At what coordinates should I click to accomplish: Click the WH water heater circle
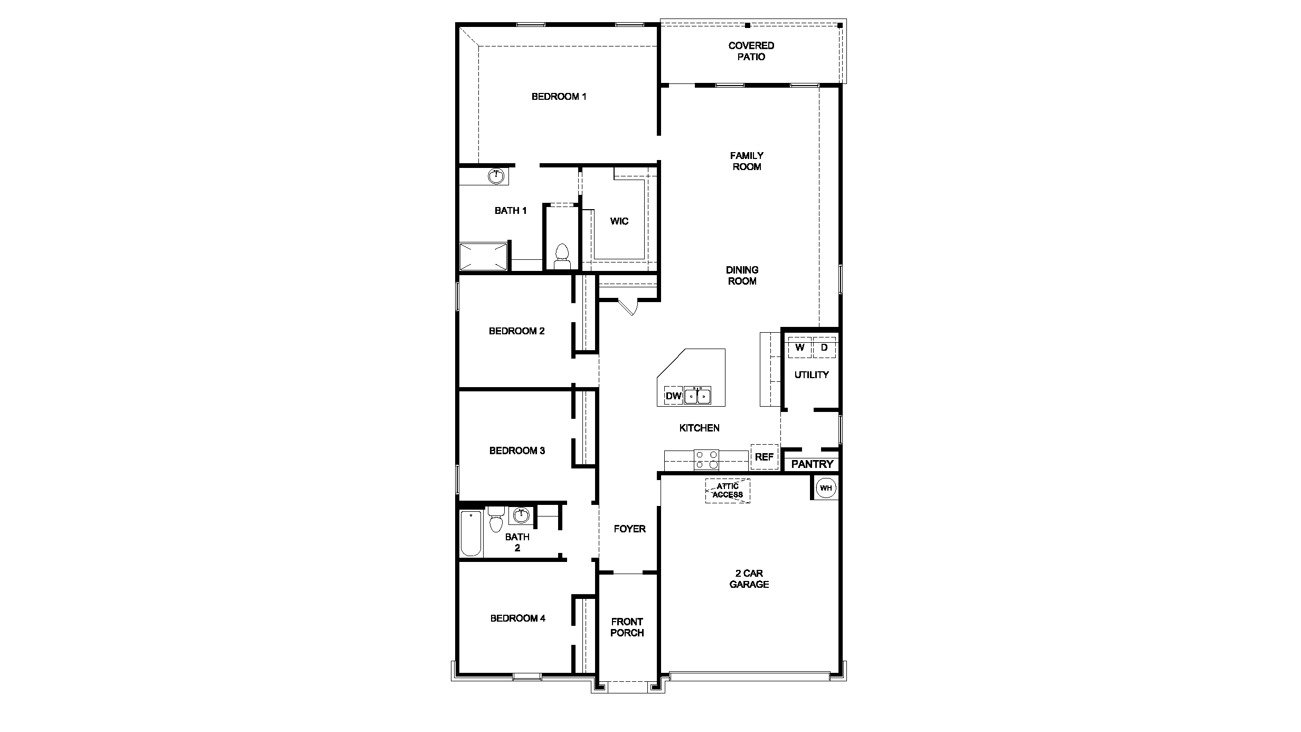(x=826, y=488)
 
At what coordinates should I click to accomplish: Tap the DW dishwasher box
(x=673, y=396)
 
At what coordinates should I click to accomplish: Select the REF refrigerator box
(x=764, y=457)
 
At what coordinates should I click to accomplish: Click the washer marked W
(x=800, y=348)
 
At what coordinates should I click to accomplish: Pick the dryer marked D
(x=824, y=348)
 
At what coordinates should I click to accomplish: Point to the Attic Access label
(x=728, y=491)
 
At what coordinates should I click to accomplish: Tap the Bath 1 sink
(x=496, y=176)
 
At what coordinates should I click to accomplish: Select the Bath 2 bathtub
(x=471, y=533)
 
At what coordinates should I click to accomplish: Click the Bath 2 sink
(x=521, y=515)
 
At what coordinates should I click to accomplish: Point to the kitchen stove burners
(x=706, y=459)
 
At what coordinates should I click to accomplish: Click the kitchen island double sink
(x=697, y=396)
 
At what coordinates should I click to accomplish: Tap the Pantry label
(x=812, y=464)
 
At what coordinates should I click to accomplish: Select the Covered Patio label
(x=751, y=51)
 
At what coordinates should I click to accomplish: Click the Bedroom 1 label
(x=559, y=97)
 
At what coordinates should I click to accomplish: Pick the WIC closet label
(x=619, y=221)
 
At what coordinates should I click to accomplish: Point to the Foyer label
(x=629, y=529)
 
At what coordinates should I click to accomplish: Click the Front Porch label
(x=627, y=627)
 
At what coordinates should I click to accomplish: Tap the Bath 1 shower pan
(x=483, y=257)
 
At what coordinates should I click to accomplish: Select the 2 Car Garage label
(x=749, y=579)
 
